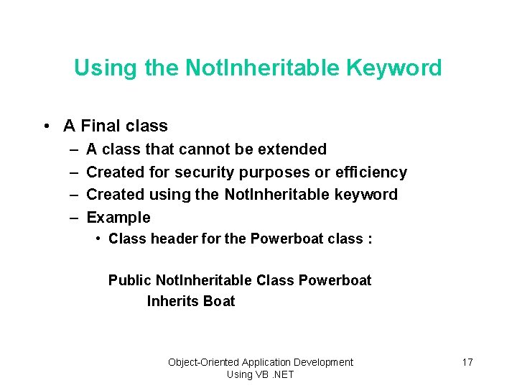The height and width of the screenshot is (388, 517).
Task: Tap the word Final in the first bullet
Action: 101,126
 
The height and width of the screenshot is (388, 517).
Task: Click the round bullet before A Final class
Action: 46,126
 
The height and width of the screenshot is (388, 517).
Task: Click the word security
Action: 204,172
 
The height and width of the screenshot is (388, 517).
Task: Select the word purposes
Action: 273,172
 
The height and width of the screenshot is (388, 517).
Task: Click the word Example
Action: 118,218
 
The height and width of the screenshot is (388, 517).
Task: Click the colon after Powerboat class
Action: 370,239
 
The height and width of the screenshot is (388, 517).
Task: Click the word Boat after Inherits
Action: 219,302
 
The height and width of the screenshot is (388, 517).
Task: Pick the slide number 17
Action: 467,362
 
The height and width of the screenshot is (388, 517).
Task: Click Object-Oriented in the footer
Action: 204,362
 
